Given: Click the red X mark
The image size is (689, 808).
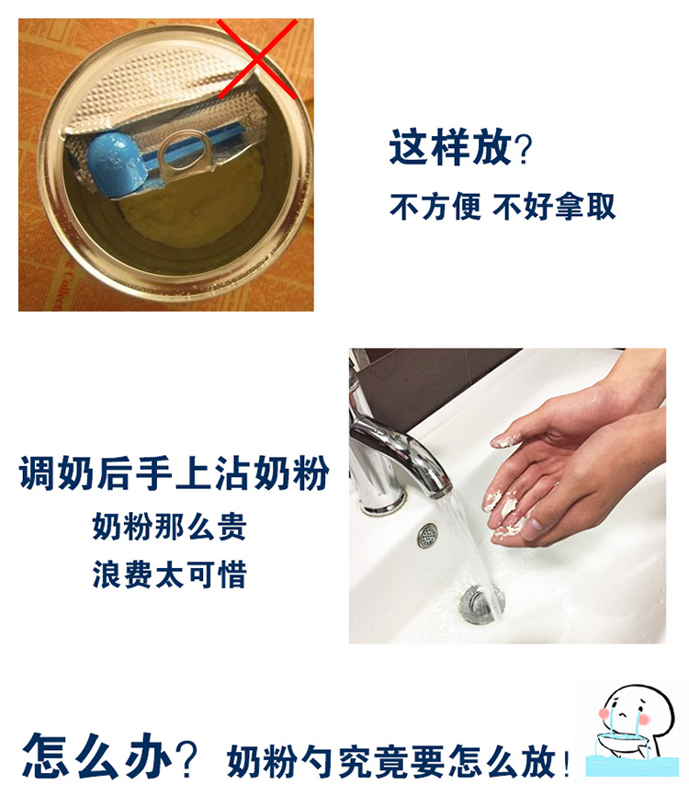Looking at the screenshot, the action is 257,59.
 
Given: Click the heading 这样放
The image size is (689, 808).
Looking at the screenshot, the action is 450,147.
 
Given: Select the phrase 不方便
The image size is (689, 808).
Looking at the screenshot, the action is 435,207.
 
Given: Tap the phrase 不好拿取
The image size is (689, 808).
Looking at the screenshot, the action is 555,207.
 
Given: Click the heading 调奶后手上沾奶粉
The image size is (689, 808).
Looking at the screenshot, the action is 174,472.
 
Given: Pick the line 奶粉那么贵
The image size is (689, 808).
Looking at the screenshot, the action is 169,526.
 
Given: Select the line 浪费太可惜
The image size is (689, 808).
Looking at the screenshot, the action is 169,574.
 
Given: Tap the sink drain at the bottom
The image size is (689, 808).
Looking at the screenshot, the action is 480,604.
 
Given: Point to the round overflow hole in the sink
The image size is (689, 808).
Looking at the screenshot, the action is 427,535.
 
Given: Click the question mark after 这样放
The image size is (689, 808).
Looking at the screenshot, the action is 524,149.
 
